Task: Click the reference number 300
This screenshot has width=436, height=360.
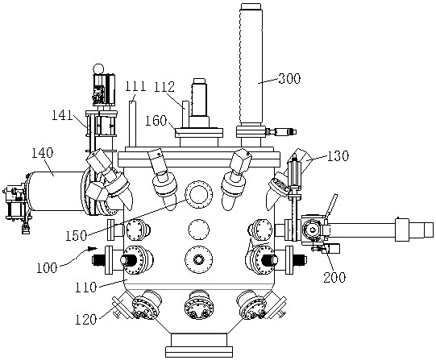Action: [x=289, y=79]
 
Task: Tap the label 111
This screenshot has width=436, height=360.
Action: [x=135, y=86]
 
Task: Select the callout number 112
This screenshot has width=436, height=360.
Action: [x=164, y=87]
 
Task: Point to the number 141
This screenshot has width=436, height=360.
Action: [x=63, y=115]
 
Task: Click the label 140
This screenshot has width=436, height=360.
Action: [x=42, y=153]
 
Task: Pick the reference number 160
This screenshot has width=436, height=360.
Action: [x=156, y=121]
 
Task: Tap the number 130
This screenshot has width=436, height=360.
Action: [x=338, y=156]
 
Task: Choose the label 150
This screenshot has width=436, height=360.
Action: [x=77, y=236]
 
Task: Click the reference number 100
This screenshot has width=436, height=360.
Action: [x=47, y=268]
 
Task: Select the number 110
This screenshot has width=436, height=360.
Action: [x=86, y=288]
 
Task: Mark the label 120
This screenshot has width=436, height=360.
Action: [x=86, y=320]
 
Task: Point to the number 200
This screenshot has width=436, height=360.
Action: [x=334, y=277]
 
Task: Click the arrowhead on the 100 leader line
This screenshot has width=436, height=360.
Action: [x=93, y=248]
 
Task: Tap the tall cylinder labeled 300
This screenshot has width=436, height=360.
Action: [x=251, y=64]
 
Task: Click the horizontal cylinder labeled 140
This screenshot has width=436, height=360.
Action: [x=56, y=191]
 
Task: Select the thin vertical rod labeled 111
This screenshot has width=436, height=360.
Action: [x=132, y=124]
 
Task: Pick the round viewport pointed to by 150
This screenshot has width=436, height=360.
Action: [x=198, y=194]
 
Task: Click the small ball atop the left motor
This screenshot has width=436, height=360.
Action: [x=98, y=68]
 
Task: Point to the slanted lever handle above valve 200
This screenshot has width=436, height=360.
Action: [x=332, y=205]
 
